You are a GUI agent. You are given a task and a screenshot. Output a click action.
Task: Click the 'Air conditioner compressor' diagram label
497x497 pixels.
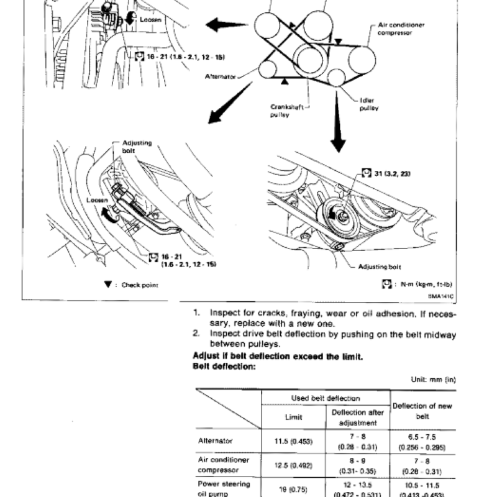click(x=401, y=29)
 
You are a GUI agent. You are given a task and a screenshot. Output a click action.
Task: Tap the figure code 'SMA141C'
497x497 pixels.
click(x=442, y=296)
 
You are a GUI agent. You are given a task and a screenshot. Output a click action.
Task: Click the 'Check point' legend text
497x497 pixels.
click(x=139, y=285)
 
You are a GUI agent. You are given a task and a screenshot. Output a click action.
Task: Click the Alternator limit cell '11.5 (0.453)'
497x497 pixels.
click(x=293, y=440)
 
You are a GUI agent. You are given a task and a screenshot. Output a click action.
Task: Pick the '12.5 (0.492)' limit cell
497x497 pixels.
click(x=293, y=464)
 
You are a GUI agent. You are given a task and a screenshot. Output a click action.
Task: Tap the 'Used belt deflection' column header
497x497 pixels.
click(x=326, y=398)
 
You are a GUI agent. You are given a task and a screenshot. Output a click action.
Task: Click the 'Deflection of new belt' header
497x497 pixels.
click(x=423, y=411)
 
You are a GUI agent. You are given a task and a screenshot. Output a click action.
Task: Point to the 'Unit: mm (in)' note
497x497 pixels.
click(x=434, y=378)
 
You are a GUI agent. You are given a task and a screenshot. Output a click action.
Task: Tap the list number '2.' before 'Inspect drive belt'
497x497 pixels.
click(x=196, y=334)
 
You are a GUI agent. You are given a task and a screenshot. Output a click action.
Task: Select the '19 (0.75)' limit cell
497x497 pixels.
click(x=293, y=488)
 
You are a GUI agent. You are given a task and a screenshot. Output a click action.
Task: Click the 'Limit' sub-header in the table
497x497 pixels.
click(x=293, y=417)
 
